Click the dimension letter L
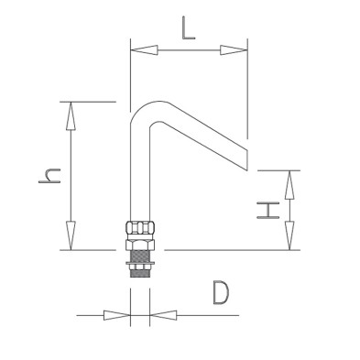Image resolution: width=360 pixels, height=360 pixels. pyautogui.click(x=189, y=28)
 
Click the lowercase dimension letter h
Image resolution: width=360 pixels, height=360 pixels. pyautogui.click(x=49, y=176)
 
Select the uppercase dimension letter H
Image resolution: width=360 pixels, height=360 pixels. pyautogui.click(x=268, y=210)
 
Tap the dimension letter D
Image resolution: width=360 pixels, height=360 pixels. pyautogui.click(x=221, y=293)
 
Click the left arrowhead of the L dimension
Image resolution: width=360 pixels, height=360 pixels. pyautogui.click(x=144, y=50)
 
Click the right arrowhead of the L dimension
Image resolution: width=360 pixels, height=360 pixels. pyautogui.click(x=234, y=50)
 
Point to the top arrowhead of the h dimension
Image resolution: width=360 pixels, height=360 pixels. pyautogui.click(x=71, y=115)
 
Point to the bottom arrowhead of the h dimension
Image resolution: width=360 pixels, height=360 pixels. pyautogui.click(x=71, y=235)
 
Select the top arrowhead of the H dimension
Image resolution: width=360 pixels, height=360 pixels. pyautogui.click(x=289, y=184)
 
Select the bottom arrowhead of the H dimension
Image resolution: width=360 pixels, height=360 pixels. pyautogui.click(x=289, y=235)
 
